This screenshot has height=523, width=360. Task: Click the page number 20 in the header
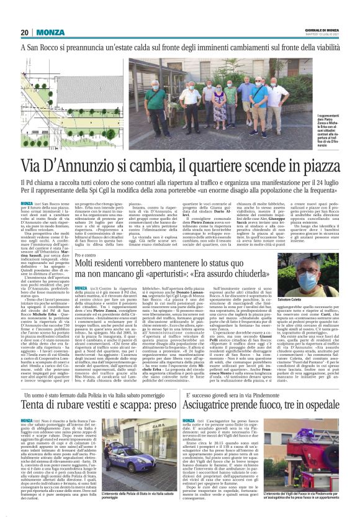pos(24,32)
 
